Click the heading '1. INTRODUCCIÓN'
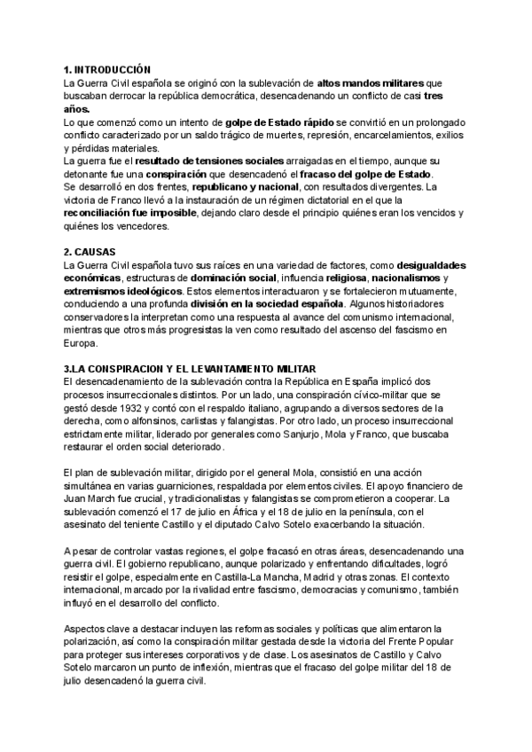coord(107,69)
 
